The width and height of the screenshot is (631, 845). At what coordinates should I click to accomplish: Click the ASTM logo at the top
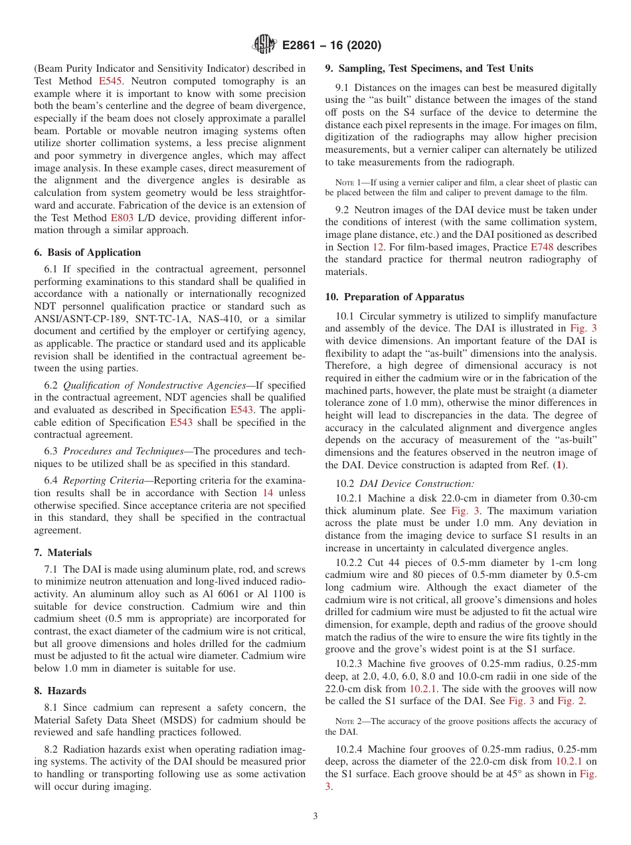click(x=264, y=45)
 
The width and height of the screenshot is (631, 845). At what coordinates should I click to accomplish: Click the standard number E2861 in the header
click(x=302, y=46)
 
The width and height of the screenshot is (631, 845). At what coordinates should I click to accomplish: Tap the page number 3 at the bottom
click(x=315, y=816)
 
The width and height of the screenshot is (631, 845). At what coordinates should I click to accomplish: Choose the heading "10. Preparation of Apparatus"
click(x=395, y=297)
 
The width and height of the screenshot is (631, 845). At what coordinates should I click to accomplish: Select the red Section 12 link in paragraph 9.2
click(x=378, y=247)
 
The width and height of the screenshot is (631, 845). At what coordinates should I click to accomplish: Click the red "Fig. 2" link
click(x=571, y=701)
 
